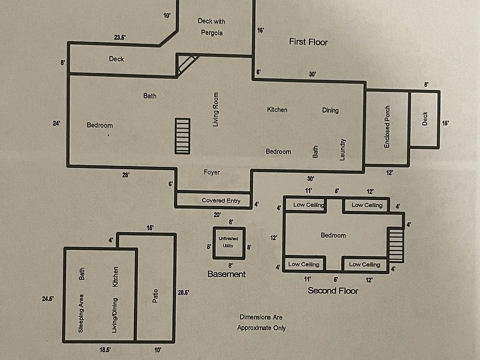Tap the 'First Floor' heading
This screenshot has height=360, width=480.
coord(308,42)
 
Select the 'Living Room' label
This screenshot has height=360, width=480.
coord(216,109)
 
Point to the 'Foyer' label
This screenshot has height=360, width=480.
coord(211,172)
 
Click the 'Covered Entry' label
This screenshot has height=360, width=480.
coord(221,200)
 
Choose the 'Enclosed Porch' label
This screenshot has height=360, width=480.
coord(387,126)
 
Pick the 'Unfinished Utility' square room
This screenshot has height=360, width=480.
coord(228,242)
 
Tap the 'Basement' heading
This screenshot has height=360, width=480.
coord(226,274)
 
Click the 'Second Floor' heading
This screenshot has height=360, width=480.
coord(332,290)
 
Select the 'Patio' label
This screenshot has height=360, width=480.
coord(154,294)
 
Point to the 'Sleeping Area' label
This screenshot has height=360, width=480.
coord(81,316)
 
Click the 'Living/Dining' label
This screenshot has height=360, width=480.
coord(115,315)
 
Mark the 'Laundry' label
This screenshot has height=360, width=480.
coord(342,149)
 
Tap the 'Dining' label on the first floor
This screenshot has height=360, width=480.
coord(330,110)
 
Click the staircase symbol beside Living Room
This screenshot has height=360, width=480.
coord(182,136)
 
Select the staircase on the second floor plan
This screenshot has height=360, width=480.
coord(396,244)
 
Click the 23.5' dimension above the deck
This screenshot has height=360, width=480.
coord(120,37)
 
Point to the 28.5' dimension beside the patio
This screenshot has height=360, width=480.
coord(183,293)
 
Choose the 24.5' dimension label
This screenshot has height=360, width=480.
coord(48,298)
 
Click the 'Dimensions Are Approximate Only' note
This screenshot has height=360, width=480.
coord(261,322)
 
